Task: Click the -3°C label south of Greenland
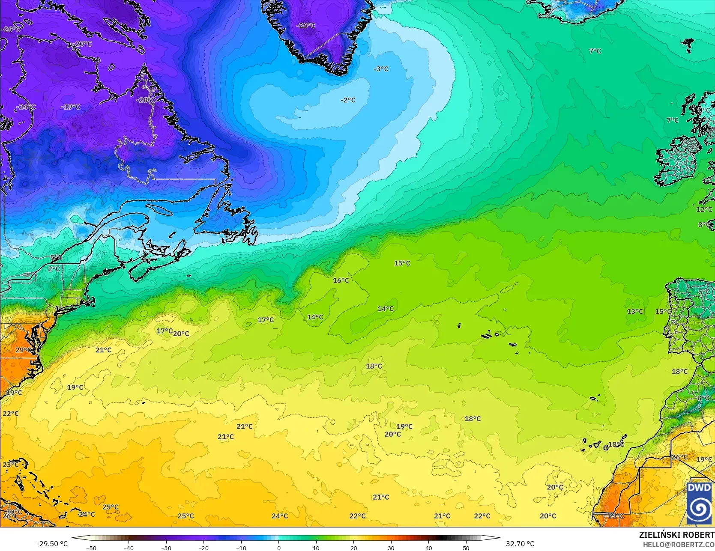(x=381, y=69)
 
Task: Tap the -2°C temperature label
(x=348, y=100)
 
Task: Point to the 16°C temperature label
(x=341, y=280)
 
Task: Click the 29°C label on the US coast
(x=23, y=350)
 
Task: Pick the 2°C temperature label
(x=54, y=269)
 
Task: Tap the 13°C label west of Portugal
(x=635, y=311)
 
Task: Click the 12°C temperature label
(x=704, y=209)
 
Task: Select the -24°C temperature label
(x=26, y=107)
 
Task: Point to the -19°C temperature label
(x=70, y=107)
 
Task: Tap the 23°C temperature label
(x=10, y=465)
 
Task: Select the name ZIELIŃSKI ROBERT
(x=676, y=535)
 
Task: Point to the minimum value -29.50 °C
(x=52, y=544)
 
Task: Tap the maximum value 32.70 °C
(x=520, y=544)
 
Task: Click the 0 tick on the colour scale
(x=279, y=548)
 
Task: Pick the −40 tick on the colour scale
(x=129, y=548)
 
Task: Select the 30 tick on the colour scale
(x=391, y=548)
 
